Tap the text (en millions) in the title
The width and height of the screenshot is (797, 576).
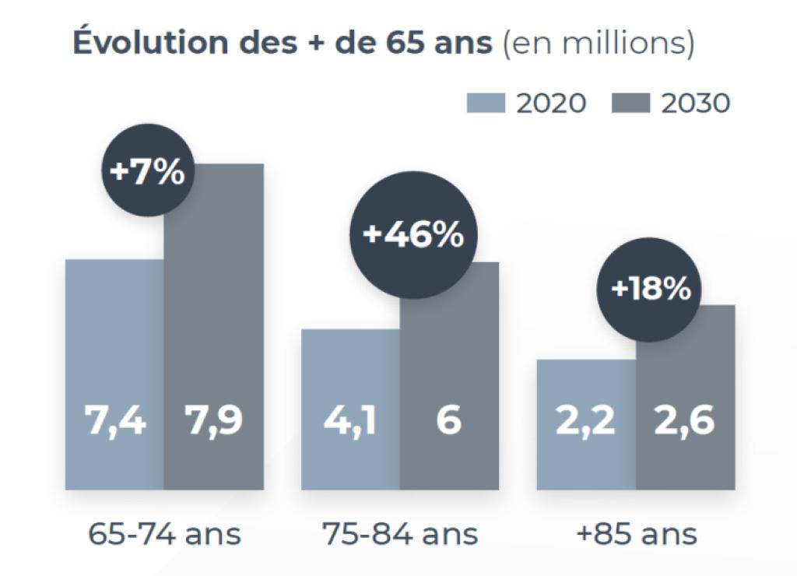coord(599,44)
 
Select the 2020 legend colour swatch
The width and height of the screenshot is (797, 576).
coord(486,103)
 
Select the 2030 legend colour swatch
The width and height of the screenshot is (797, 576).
coord(632,103)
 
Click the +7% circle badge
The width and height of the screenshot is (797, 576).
coord(148,172)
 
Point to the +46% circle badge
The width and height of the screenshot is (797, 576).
coord(413,235)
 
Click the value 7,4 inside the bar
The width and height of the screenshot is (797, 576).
coord(114,421)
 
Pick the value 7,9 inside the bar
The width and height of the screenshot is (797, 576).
coord(213,421)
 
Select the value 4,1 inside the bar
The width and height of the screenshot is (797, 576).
coord(350,421)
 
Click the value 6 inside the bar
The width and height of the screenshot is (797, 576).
coord(449,421)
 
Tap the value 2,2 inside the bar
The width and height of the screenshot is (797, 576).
coord(585,421)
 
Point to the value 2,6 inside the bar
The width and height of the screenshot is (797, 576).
coord(685,421)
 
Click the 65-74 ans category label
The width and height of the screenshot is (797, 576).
coord(164,535)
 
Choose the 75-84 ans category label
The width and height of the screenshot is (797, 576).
coord(400,535)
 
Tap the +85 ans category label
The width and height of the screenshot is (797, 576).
coord(636,535)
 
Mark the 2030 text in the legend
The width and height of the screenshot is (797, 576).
coord(696,103)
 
